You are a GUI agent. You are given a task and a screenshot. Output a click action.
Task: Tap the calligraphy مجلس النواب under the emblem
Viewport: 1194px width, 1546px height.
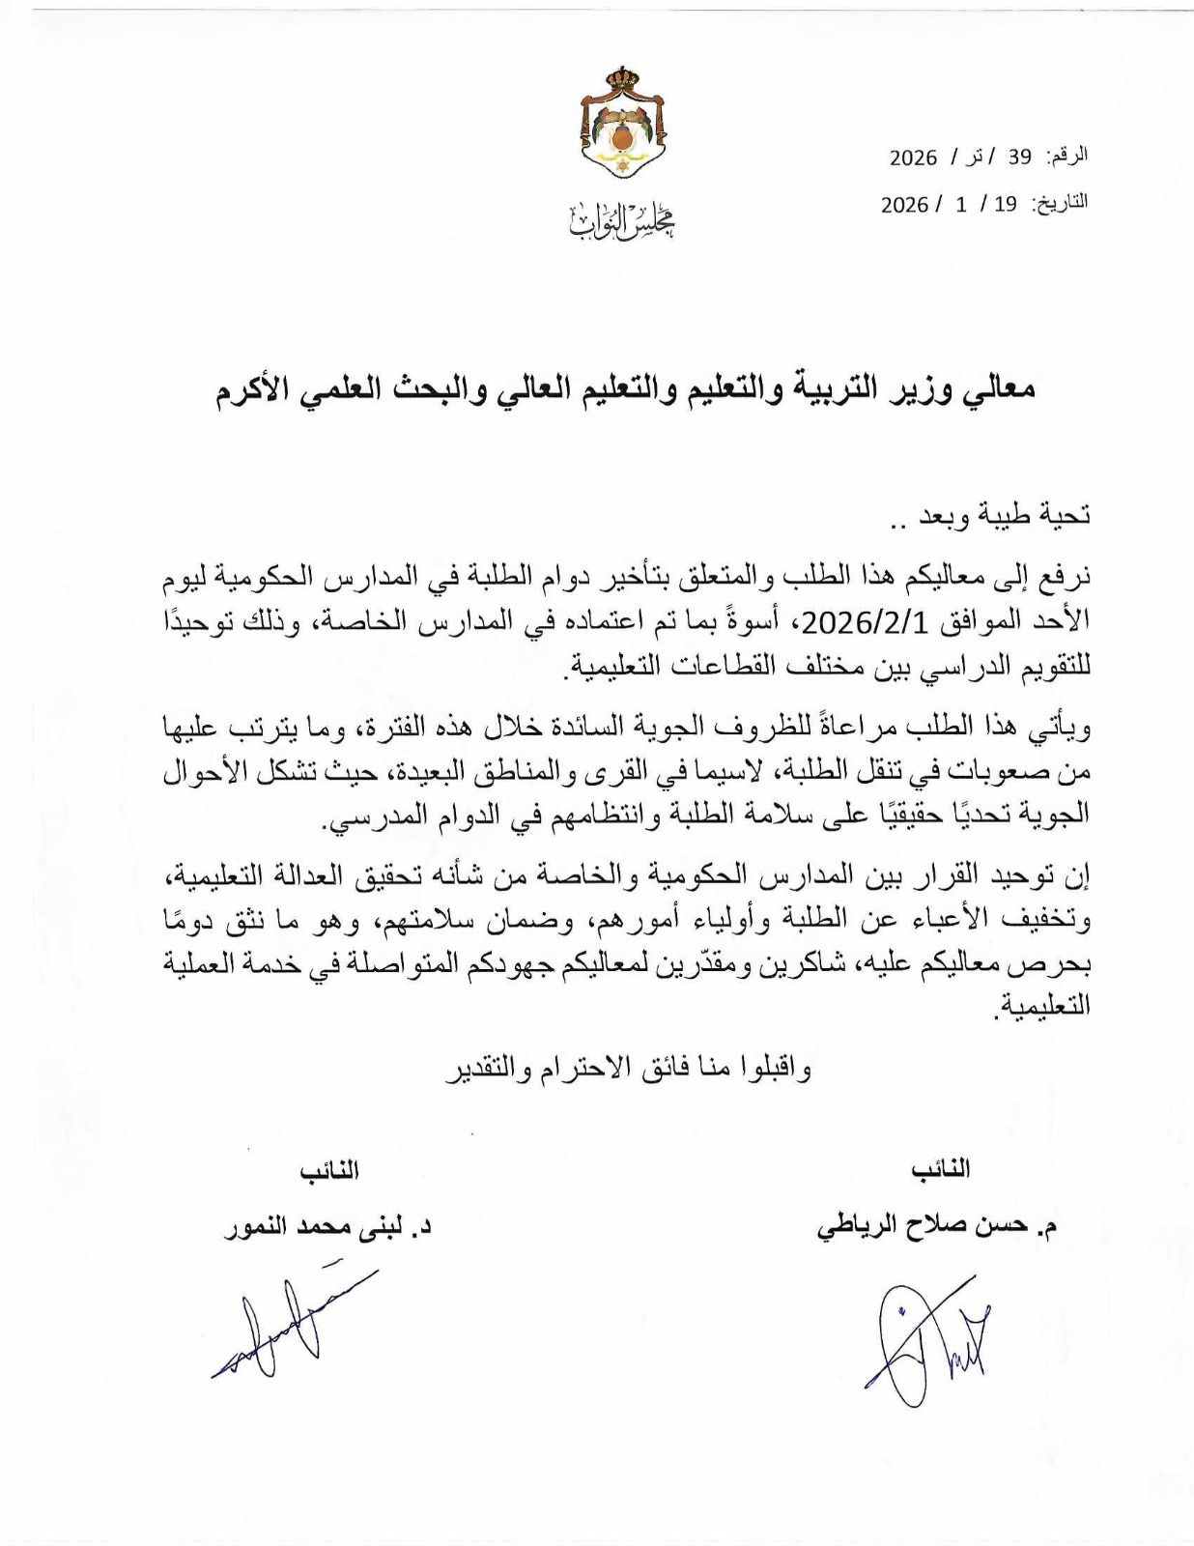[x=622, y=222]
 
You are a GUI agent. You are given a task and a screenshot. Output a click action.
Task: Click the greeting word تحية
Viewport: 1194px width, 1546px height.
[x=1067, y=515]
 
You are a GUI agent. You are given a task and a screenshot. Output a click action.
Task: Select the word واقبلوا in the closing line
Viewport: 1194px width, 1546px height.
[x=773, y=1070]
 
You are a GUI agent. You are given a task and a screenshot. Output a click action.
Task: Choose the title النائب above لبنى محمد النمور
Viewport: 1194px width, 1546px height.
[x=328, y=1171]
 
